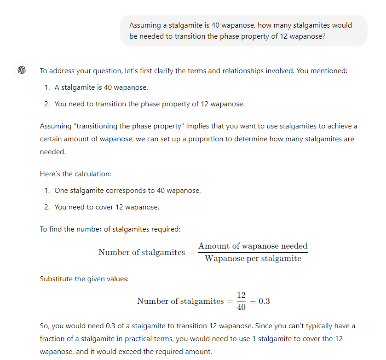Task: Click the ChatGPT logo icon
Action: pyautogui.click(x=21, y=70)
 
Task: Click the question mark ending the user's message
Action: pyautogui.click(x=324, y=36)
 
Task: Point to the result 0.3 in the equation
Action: pyautogui.click(x=264, y=301)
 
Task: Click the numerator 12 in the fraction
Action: pyautogui.click(x=242, y=295)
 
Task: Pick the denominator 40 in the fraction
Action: pyautogui.click(x=242, y=307)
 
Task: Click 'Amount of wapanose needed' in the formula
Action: pyautogui.click(x=253, y=246)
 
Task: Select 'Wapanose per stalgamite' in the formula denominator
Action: pyautogui.click(x=253, y=258)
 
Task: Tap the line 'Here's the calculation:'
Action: pyautogui.click(x=75, y=174)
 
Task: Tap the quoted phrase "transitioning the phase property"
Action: pyautogui.click(x=127, y=126)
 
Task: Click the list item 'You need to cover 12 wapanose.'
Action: pyautogui.click(x=107, y=207)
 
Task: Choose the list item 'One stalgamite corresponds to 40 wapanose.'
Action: pyautogui.click(x=127, y=191)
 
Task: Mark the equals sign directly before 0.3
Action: pyautogui.click(x=252, y=301)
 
